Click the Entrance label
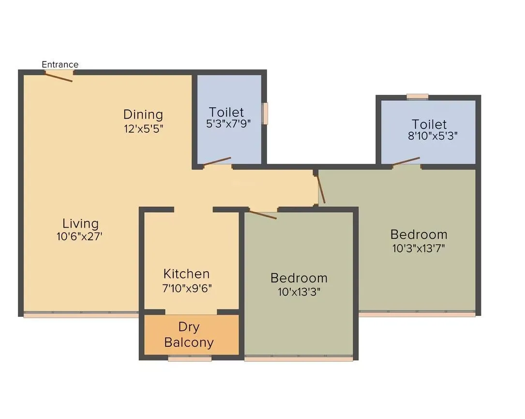coord(60,64)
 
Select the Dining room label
coord(143,114)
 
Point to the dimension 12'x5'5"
coord(143,129)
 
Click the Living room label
coord(80,223)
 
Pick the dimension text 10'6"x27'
coord(80,237)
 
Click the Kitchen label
coord(186,274)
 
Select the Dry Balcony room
coord(189,335)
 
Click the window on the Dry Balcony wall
coord(190,359)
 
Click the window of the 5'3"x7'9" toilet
coord(265,113)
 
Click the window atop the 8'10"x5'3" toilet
coord(417,96)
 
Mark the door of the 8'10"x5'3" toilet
coord(406,161)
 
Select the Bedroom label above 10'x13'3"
coord(299,278)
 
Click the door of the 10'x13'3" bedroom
coord(263,215)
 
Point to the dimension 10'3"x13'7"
coord(419,248)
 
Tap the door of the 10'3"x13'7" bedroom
coord(320,189)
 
